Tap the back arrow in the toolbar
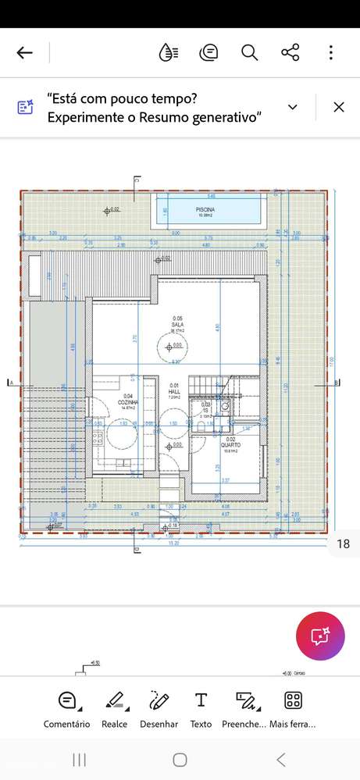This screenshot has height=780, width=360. (x=25, y=53)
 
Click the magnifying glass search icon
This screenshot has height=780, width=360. (x=249, y=53)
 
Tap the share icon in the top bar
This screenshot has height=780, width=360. (x=290, y=53)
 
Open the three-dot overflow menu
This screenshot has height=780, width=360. (x=331, y=53)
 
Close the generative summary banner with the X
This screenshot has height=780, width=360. (x=339, y=108)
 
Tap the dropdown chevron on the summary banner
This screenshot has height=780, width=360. (x=293, y=107)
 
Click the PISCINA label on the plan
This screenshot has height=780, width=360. (x=205, y=210)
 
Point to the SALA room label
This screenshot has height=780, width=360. (x=177, y=325)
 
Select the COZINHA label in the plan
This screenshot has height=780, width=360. (x=128, y=402)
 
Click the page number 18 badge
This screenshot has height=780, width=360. (x=342, y=544)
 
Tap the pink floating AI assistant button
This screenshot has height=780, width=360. (x=320, y=636)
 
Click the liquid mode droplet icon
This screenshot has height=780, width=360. (x=168, y=53)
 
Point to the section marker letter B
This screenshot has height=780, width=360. (x=336, y=383)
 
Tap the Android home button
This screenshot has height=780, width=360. (x=180, y=760)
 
